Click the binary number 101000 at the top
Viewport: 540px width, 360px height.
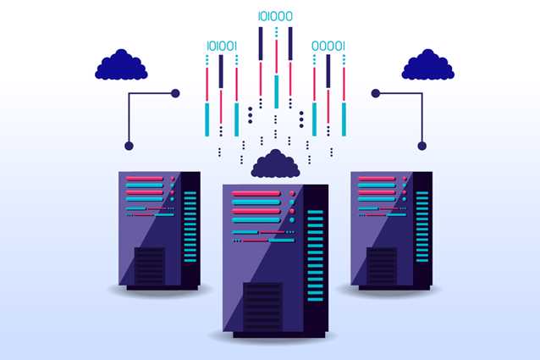click(275, 15)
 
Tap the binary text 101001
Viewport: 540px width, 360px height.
click(222, 46)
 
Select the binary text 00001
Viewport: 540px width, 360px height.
click(328, 46)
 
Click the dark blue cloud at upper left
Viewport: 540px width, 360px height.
click(121, 65)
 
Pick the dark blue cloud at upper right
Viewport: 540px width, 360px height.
click(427, 65)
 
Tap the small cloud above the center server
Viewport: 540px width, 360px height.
click(276, 163)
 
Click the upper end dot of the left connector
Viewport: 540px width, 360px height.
click(175, 93)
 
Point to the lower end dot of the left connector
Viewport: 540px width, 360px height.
click(129, 146)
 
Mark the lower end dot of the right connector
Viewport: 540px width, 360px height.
click(422, 146)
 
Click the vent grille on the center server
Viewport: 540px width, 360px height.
click(263, 305)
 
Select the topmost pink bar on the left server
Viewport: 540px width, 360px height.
click(143, 179)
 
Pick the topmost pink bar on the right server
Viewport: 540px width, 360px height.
click(376, 179)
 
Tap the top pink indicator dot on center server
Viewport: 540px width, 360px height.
click(292, 194)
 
